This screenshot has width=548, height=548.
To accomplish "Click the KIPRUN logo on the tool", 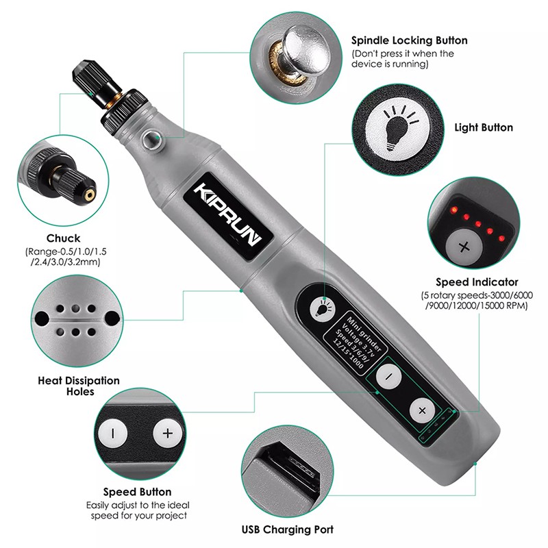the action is [x=228, y=216].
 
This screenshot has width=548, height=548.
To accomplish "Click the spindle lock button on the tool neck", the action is [x=151, y=138].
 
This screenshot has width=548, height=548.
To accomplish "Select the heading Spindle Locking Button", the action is [x=409, y=40].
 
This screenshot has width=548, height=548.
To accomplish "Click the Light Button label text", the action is [x=484, y=127].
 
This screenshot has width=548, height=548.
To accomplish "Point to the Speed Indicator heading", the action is [x=477, y=282].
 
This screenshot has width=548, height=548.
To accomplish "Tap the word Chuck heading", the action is [x=63, y=238].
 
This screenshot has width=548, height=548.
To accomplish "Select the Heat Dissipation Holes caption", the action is [x=79, y=386].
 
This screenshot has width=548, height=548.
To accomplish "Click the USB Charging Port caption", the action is [x=288, y=530].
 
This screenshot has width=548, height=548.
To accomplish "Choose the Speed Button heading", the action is [x=138, y=492].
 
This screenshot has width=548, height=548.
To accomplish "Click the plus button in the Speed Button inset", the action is [x=168, y=434].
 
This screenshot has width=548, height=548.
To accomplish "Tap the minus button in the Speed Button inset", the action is [x=112, y=434].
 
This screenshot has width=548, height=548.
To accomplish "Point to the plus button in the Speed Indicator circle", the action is [x=464, y=247].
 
